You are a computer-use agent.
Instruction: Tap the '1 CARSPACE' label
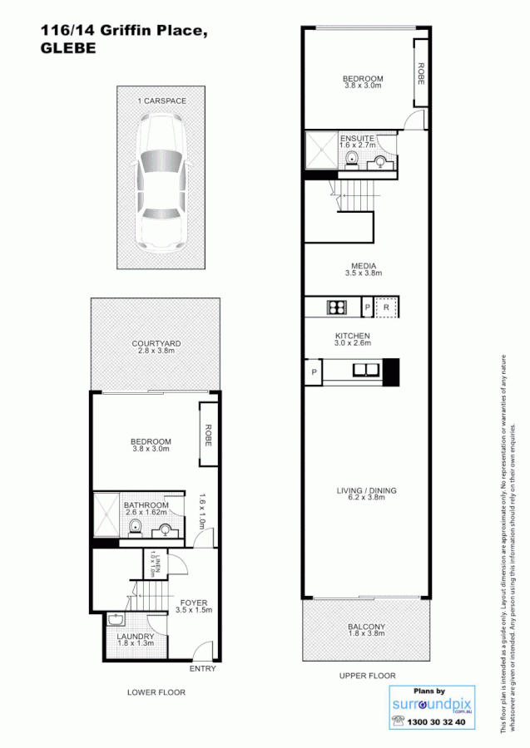161,101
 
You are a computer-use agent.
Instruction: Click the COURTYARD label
156,343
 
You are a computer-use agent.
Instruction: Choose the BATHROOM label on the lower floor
146,505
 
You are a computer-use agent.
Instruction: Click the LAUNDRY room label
135,637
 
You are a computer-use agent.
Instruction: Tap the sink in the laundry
116,619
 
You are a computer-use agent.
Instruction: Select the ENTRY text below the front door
202,669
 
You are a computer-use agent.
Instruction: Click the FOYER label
194,603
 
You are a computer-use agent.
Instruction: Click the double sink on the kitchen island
365,370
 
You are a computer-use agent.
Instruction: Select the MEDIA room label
363,266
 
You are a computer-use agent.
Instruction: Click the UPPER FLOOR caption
367,676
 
